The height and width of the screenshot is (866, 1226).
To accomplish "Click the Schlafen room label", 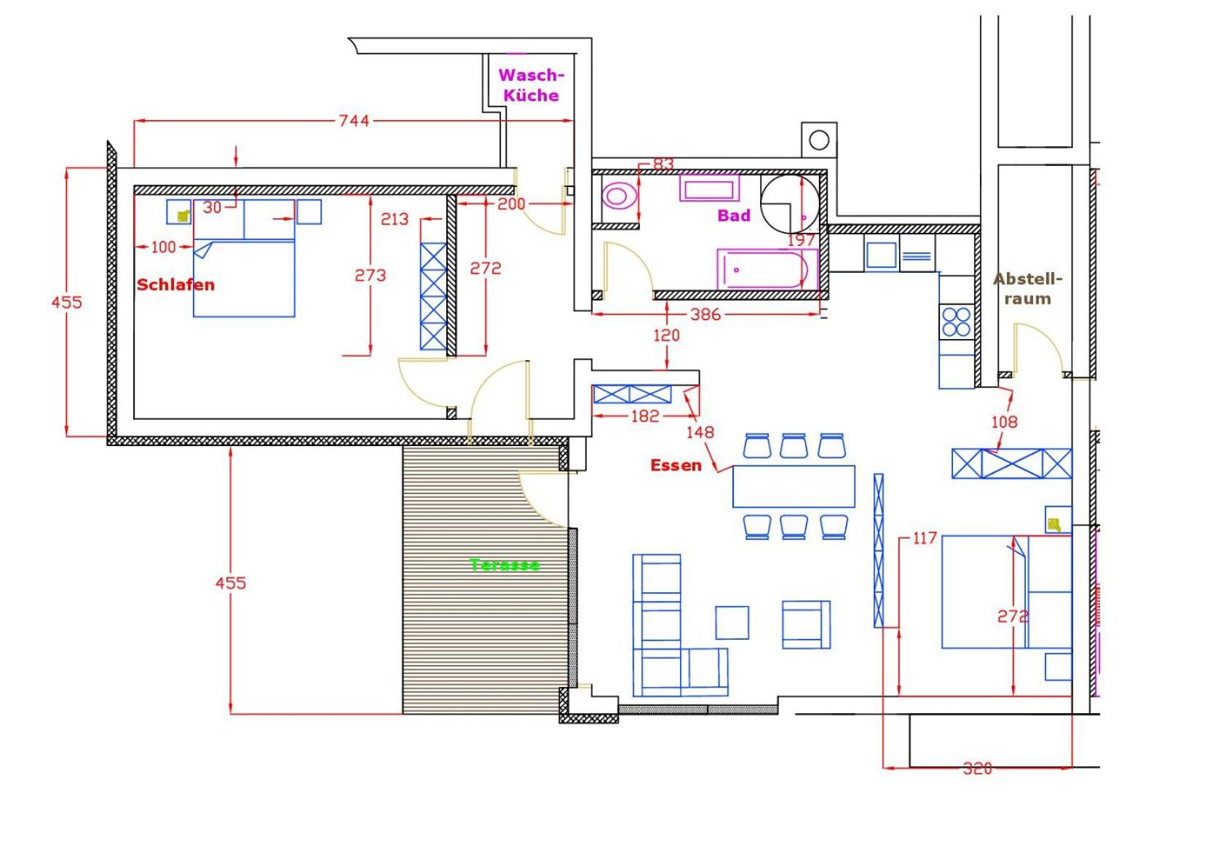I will [x=175, y=285].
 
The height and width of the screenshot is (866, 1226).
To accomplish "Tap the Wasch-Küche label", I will [x=531, y=85].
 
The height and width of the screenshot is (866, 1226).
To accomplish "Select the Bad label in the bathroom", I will [x=733, y=215].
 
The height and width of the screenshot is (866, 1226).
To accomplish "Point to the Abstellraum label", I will [x=1027, y=289].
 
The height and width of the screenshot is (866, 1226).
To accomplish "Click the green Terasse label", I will [x=505, y=565].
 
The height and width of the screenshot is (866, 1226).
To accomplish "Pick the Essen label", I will [x=676, y=466].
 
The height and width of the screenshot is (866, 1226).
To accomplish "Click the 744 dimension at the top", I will [x=354, y=121].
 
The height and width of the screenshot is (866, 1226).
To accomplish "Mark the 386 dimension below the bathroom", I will [x=705, y=314].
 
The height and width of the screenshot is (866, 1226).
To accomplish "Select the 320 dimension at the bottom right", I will [x=977, y=768].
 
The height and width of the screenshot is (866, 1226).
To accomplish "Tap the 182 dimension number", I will [x=644, y=416].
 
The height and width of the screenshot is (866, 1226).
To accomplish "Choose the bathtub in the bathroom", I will [x=767, y=269].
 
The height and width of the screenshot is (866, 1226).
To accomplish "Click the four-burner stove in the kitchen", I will [x=956, y=321].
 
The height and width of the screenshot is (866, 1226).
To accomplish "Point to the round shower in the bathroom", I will [x=790, y=202].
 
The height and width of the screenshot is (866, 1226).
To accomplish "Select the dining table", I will [x=793, y=486].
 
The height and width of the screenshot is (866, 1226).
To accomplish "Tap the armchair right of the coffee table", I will [x=806, y=624].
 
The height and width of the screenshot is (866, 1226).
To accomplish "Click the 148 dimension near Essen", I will [x=700, y=432].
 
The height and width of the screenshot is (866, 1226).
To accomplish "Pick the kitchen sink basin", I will [x=881, y=255].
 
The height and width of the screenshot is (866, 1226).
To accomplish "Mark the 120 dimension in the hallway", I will [x=666, y=335].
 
